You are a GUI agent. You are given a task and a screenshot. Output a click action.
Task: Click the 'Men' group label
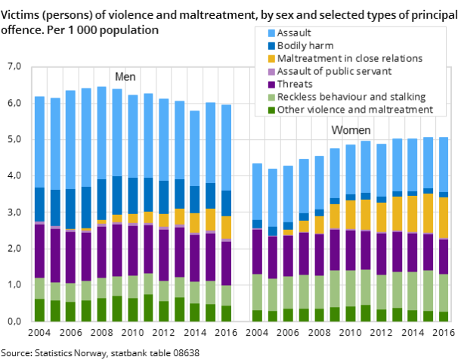(x=125, y=76)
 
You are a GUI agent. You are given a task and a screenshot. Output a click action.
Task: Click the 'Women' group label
(x=351, y=131)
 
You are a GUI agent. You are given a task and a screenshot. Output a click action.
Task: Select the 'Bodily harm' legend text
(x=305, y=45)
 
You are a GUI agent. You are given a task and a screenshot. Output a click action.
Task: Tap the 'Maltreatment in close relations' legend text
(x=349, y=58)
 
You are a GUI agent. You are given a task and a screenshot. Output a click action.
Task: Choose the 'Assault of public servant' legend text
(x=334, y=71)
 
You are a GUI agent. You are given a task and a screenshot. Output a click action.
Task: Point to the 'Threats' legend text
(x=294, y=84)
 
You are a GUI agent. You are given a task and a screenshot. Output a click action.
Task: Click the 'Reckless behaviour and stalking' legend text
(x=351, y=97)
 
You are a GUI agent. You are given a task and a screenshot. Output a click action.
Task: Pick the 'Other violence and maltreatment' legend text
(x=354, y=110)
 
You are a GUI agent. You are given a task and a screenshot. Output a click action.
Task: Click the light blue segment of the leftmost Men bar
(x=39, y=142)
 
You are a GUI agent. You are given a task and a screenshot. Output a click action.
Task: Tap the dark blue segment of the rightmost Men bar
(x=226, y=203)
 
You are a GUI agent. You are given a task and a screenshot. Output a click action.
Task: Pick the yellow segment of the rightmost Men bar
(x=226, y=227)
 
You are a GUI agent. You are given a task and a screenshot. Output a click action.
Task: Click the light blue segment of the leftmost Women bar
(x=257, y=191)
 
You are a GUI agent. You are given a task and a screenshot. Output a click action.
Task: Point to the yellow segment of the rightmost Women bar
(x=444, y=218)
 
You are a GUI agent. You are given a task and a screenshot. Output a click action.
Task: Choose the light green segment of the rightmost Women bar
(x=444, y=293)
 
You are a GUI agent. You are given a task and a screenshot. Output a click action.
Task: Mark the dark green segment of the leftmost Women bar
(x=257, y=316)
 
